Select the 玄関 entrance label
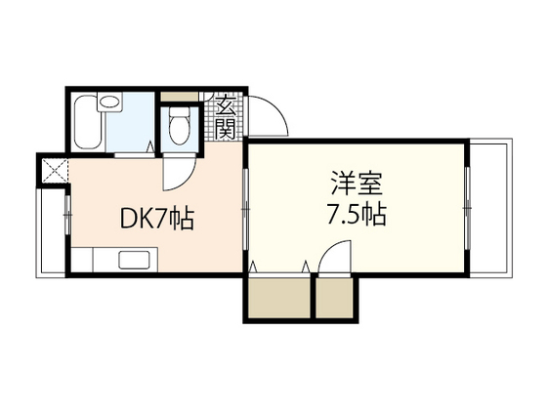[224, 115]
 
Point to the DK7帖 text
[156, 218]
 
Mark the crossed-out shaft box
[51, 172]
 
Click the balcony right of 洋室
[487, 210]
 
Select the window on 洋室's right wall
[467, 209]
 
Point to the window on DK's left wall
[66, 211]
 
